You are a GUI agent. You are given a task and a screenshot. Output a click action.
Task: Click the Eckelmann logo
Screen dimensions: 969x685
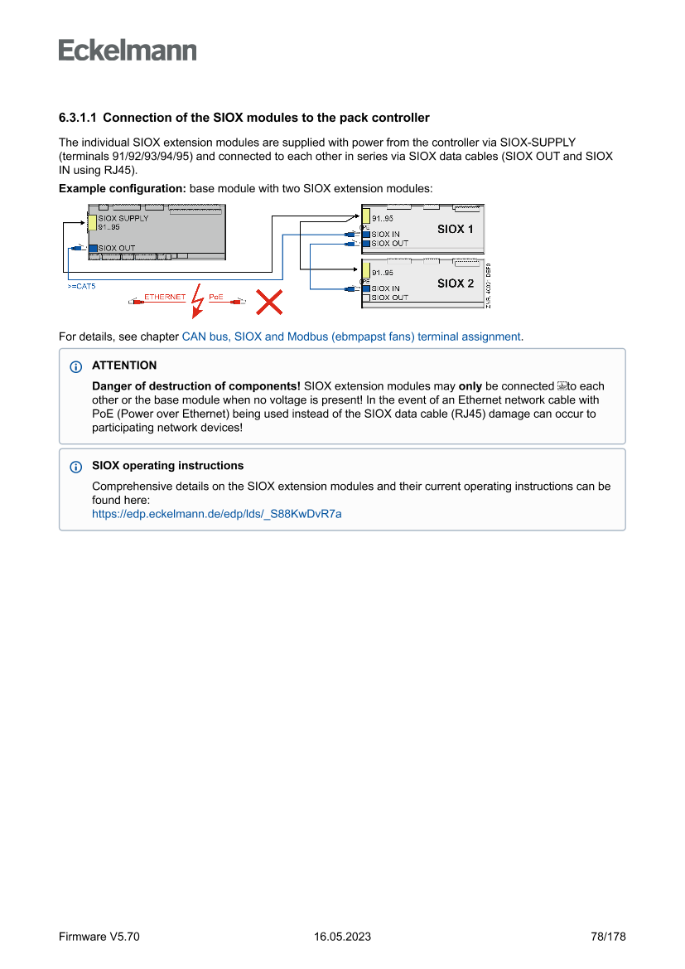[128, 50]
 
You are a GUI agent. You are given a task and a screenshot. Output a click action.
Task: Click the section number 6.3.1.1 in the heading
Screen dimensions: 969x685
[78, 118]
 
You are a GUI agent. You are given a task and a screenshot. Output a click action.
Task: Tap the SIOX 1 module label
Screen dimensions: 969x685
[456, 229]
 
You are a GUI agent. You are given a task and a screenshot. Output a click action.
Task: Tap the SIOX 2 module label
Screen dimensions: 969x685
[456, 283]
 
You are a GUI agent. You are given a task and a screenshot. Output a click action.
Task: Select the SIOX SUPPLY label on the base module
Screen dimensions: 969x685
[123, 219]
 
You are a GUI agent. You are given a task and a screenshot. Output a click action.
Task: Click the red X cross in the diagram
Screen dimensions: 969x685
[268, 302]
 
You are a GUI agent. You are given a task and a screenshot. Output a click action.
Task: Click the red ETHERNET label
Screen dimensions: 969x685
[165, 297]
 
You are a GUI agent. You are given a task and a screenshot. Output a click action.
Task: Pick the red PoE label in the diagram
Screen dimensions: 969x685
[215, 297]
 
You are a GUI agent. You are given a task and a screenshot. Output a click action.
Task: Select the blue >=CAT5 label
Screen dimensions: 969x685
[81, 286]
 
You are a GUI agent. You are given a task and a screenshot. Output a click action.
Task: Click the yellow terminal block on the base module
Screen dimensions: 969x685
[93, 222]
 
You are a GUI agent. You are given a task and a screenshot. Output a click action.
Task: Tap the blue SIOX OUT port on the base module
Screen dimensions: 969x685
[93, 248]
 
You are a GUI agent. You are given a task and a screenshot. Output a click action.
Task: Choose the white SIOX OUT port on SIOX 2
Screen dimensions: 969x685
[366, 298]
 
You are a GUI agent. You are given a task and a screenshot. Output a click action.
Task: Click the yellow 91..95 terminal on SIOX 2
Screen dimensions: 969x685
[366, 270]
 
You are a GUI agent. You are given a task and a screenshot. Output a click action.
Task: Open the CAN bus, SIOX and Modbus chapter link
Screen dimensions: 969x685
[351, 337]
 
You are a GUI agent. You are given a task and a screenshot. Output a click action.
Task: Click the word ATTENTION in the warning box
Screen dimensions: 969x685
[124, 366]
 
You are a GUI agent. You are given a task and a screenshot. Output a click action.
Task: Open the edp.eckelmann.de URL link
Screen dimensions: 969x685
[216, 514]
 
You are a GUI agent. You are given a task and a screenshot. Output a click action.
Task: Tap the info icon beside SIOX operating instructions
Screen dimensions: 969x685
[77, 467]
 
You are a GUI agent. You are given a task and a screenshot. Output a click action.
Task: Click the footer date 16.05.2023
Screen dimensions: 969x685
[342, 937]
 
